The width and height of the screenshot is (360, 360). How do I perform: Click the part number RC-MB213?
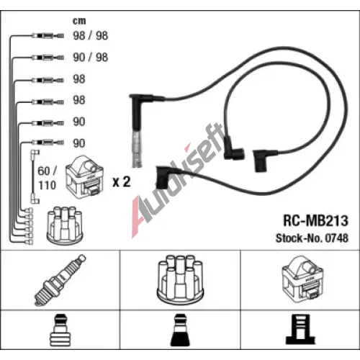click(x=315, y=220)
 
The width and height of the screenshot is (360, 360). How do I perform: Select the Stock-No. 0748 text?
click(x=312, y=238)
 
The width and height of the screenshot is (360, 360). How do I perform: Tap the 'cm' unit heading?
click(x=79, y=21)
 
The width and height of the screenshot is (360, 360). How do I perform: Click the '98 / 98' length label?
click(x=91, y=35)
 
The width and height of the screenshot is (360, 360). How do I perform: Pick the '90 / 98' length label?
click(x=91, y=57)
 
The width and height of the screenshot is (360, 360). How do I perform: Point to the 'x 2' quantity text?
click(x=122, y=181)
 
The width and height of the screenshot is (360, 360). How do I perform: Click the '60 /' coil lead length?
click(x=48, y=171)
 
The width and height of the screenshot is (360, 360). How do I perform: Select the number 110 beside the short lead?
click(x=48, y=185)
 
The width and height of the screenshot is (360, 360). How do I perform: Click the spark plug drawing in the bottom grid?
click(x=60, y=280)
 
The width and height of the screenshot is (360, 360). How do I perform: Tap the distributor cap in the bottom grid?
click(x=180, y=280)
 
